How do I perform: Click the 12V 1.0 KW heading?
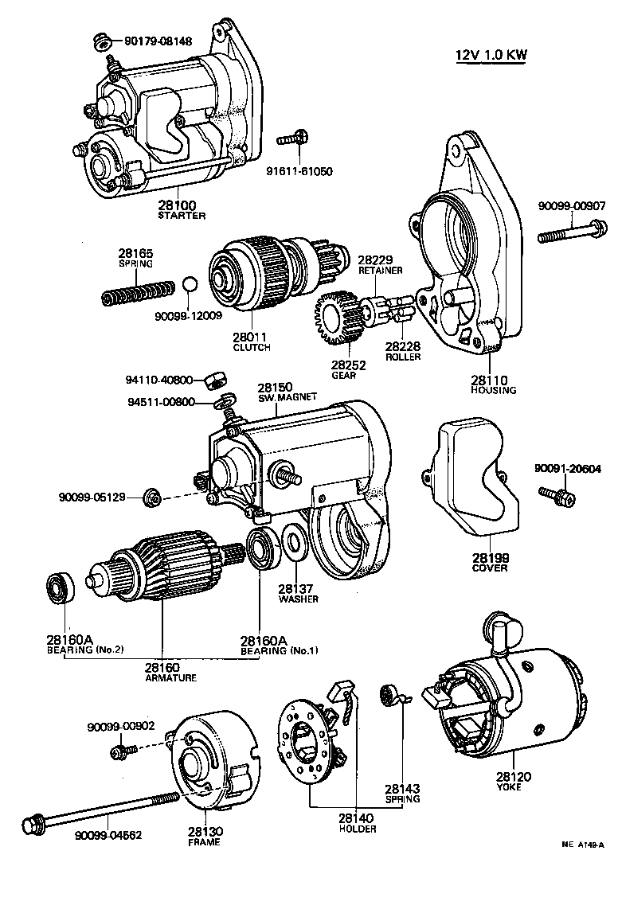coord(491,55)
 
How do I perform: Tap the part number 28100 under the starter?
coord(181,205)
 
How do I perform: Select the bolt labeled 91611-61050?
coord(291,141)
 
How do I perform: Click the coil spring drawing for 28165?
coord(137,292)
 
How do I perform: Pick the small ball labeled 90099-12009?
coord(188,284)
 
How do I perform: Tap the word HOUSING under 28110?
coord(494,390)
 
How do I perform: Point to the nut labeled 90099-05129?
coord(154,498)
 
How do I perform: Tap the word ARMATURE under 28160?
coord(170,678)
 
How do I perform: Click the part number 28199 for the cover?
coord(490,557)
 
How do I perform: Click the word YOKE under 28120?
coord(509,786)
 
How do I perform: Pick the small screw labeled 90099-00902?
coord(123,750)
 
